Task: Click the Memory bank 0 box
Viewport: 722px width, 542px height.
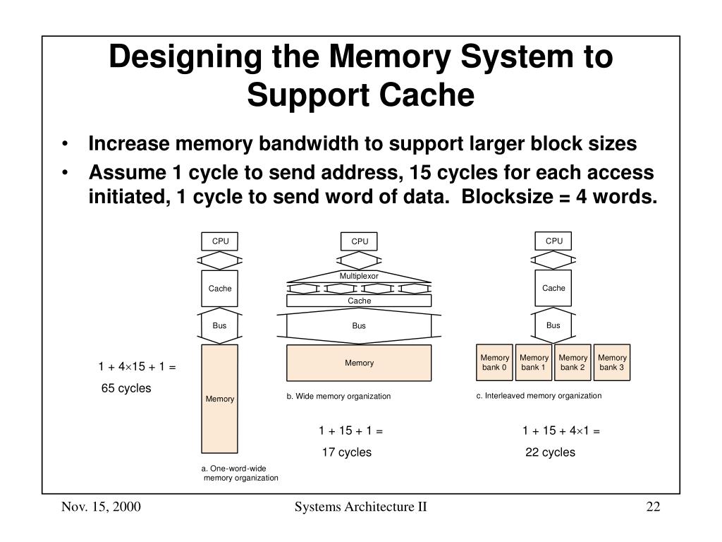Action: click(x=494, y=362)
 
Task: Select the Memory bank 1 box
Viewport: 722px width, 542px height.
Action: click(x=534, y=362)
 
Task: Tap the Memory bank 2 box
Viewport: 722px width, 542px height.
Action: click(x=573, y=362)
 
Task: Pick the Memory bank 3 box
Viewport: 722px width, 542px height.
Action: click(x=612, y=362)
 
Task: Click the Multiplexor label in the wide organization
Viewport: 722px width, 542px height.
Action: click(x=359, y=276)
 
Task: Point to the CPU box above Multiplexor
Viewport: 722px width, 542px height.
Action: click(x=359, y=241)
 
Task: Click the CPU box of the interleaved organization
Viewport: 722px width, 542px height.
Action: click(x=553, y=241)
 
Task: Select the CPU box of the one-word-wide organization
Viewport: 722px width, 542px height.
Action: click(x=220, y=241)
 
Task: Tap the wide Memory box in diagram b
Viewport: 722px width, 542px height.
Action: click(x=359, y=363)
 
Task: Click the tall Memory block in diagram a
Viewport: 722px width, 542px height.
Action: click(x=220, y=399)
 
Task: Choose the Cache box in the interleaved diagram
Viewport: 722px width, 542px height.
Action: click(x=553, y=288)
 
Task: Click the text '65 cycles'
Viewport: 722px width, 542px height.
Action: click(x=126, y=388)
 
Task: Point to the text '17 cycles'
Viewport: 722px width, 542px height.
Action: click(x=347, y=452)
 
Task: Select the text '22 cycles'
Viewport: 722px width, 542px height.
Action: click(x=550, y=452)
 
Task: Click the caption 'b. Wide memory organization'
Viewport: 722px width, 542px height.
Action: click(x=338, y=396)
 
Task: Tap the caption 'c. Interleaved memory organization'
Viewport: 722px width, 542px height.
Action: click(x=539, y=395)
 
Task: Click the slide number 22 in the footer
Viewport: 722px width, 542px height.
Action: click(x=654, y=507)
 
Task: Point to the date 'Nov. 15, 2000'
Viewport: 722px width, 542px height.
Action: click(x=101, y=507)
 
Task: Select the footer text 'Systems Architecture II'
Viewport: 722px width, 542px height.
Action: click(x=360, y=507)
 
